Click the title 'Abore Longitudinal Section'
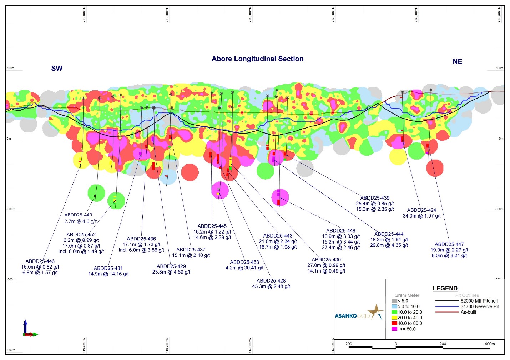[257, 59]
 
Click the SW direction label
[57, 68]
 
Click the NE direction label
[457, 62]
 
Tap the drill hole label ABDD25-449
[78, 215]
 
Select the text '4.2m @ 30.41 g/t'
[244, 268]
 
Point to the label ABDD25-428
[271, 281]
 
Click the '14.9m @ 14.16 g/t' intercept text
[108, 274]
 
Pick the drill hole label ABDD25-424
[421, 210]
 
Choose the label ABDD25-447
[449, 245]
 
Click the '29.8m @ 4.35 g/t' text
[389, 245]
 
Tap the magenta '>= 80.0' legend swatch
[394, 329]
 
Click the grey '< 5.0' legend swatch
[394, 301]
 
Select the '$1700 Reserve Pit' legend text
[480, 306]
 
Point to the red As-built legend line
[447, 312]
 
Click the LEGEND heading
[445, 289]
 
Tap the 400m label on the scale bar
[490, 344]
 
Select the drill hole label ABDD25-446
[40, 261]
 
